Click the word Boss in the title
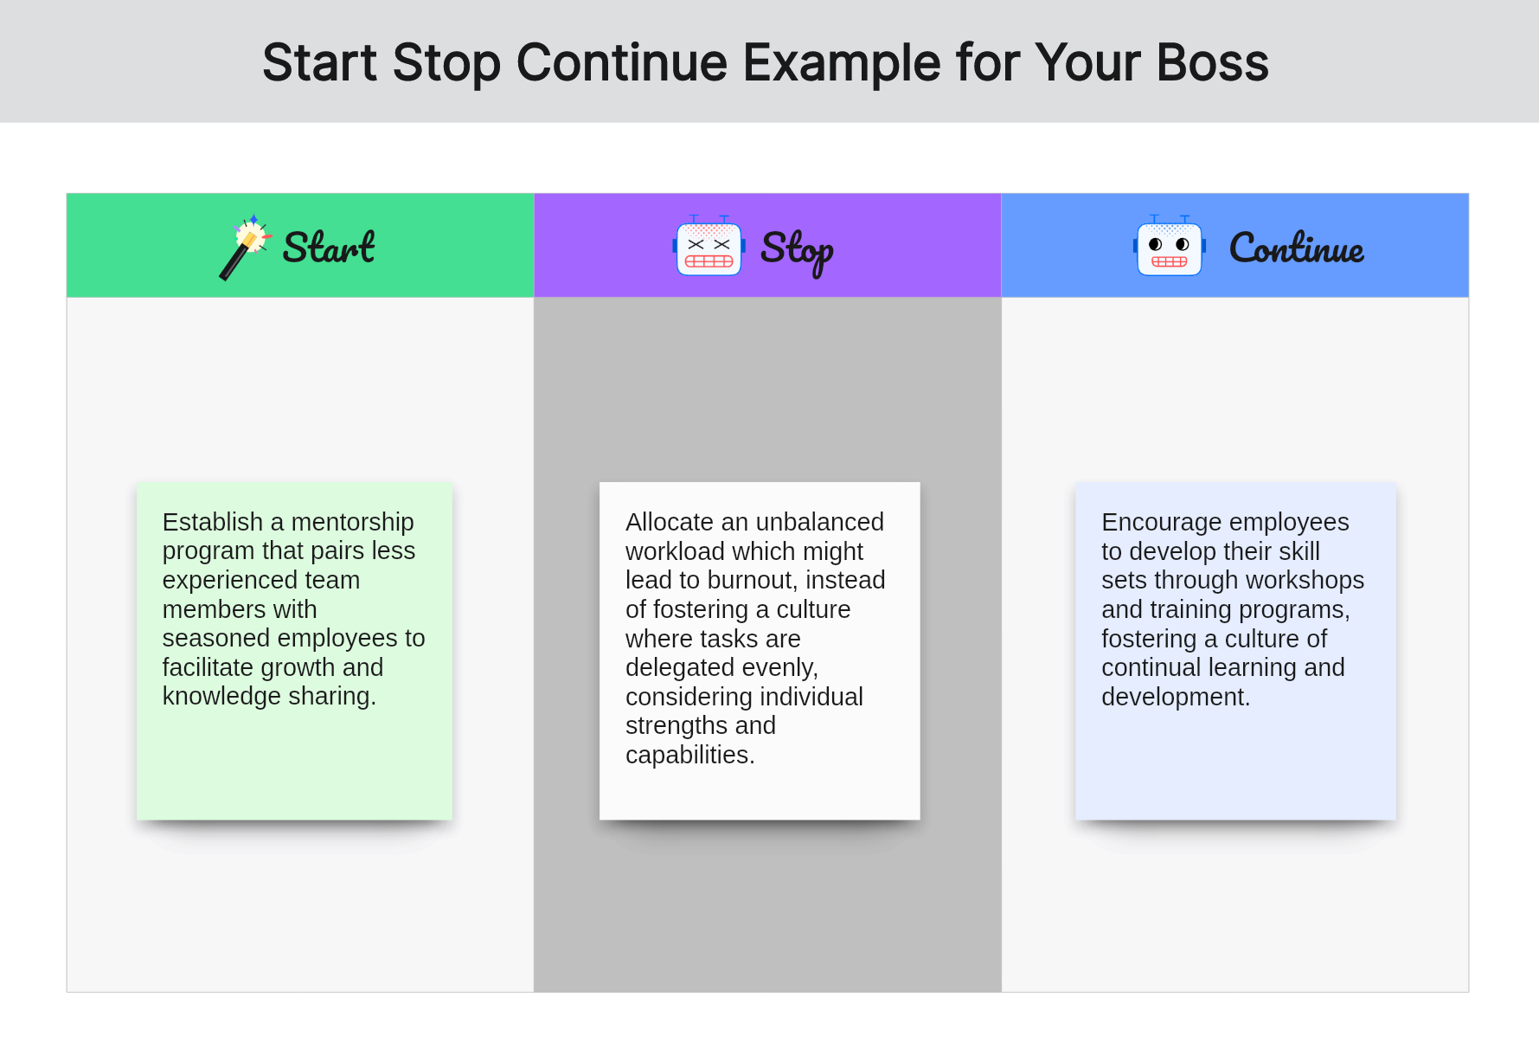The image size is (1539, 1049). click(x=1212, y=62)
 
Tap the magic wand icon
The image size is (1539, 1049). click(x=246, y=247)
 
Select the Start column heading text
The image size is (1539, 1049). click(x=329, y=248)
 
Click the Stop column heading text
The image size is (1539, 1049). click(x=797, y=251)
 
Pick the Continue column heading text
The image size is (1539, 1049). click(x=1297, y=248)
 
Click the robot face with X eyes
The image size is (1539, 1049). click(x=709, y=247)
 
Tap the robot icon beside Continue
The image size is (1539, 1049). click(x=1170, y=247)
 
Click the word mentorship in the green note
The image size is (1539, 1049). click(x=352, y=522)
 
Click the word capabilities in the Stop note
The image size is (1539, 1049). click(x=689, y=755)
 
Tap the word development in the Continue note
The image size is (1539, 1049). click(x=1176, y=697)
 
